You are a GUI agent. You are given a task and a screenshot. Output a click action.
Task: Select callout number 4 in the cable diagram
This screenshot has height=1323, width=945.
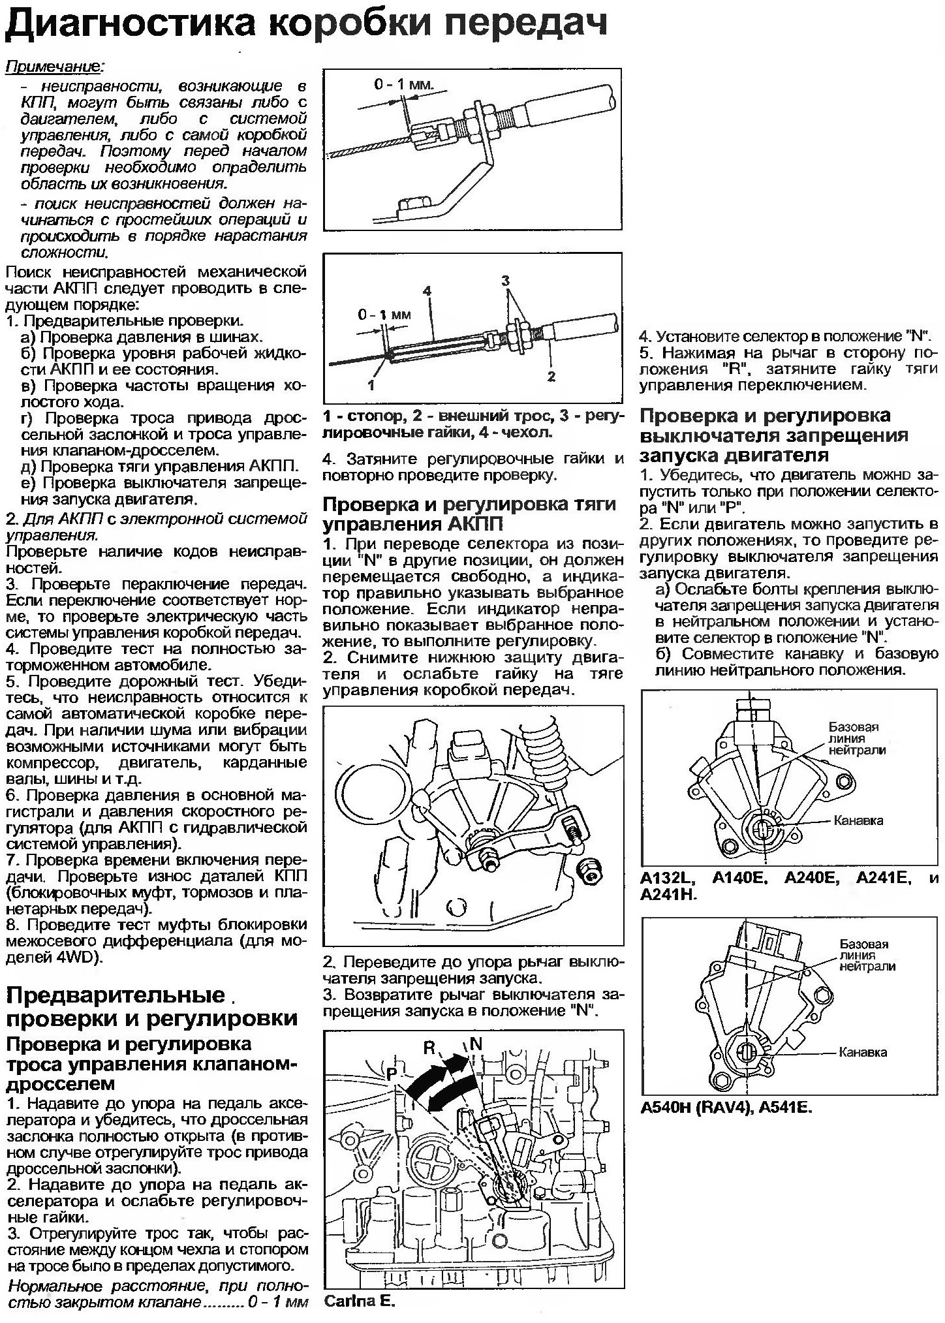[427, 291]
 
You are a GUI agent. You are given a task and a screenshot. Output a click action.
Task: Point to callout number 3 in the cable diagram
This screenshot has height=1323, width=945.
[505, 281]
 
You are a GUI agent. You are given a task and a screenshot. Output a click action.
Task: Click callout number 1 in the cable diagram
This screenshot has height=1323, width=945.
[371, 385]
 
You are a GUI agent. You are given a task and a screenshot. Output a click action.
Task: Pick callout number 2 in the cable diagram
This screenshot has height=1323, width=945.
[551, 376]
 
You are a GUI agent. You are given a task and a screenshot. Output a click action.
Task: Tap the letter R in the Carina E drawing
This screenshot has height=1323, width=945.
[429, 1047]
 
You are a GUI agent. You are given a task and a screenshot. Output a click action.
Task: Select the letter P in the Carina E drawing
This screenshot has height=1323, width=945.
[392, 1074]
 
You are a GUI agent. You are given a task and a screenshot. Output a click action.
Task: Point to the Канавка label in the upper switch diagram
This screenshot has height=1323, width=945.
[859, 820]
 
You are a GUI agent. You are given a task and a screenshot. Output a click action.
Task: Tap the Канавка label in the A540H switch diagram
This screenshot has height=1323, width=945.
[863, 1052]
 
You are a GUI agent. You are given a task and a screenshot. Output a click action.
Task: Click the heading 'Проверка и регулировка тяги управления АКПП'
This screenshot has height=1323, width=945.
[470, 514]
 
